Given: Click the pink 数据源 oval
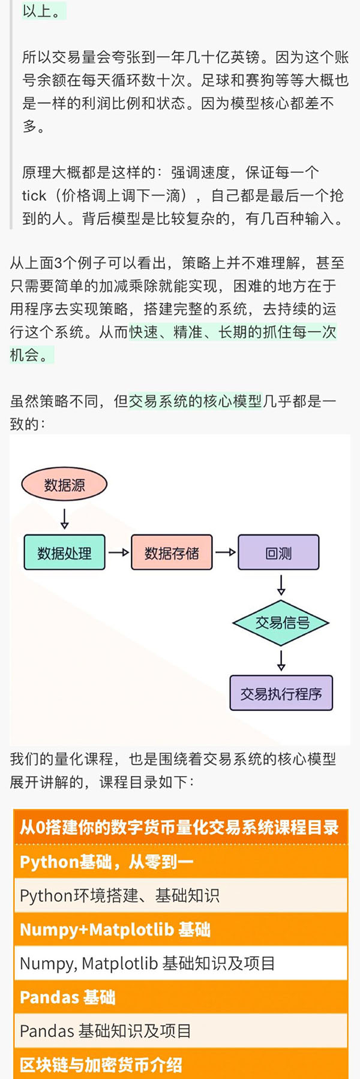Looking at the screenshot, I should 64,485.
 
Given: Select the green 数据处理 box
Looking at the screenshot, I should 64,552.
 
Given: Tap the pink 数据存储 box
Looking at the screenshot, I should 172,552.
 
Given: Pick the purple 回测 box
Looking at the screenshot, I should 278,552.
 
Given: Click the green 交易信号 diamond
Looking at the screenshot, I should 281,623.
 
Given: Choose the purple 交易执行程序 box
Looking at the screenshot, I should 281,693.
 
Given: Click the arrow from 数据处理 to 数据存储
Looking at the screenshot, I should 118,552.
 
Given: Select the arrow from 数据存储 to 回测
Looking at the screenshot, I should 225,552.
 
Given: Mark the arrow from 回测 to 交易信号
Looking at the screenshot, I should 281,584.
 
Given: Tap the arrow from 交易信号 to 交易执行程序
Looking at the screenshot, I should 281,660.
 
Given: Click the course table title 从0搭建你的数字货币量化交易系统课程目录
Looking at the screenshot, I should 180,828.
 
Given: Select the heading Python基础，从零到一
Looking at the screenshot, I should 107,862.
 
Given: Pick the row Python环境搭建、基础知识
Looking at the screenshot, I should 120,896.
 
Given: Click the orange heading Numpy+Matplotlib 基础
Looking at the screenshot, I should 115,930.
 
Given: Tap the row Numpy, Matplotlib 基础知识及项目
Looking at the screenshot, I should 148,964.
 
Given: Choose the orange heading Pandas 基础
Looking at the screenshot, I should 67,997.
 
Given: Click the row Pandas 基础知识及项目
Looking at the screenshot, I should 106,1032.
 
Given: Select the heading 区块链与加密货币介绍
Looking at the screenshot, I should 101,1065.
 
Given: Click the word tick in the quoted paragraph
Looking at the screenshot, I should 34,196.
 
